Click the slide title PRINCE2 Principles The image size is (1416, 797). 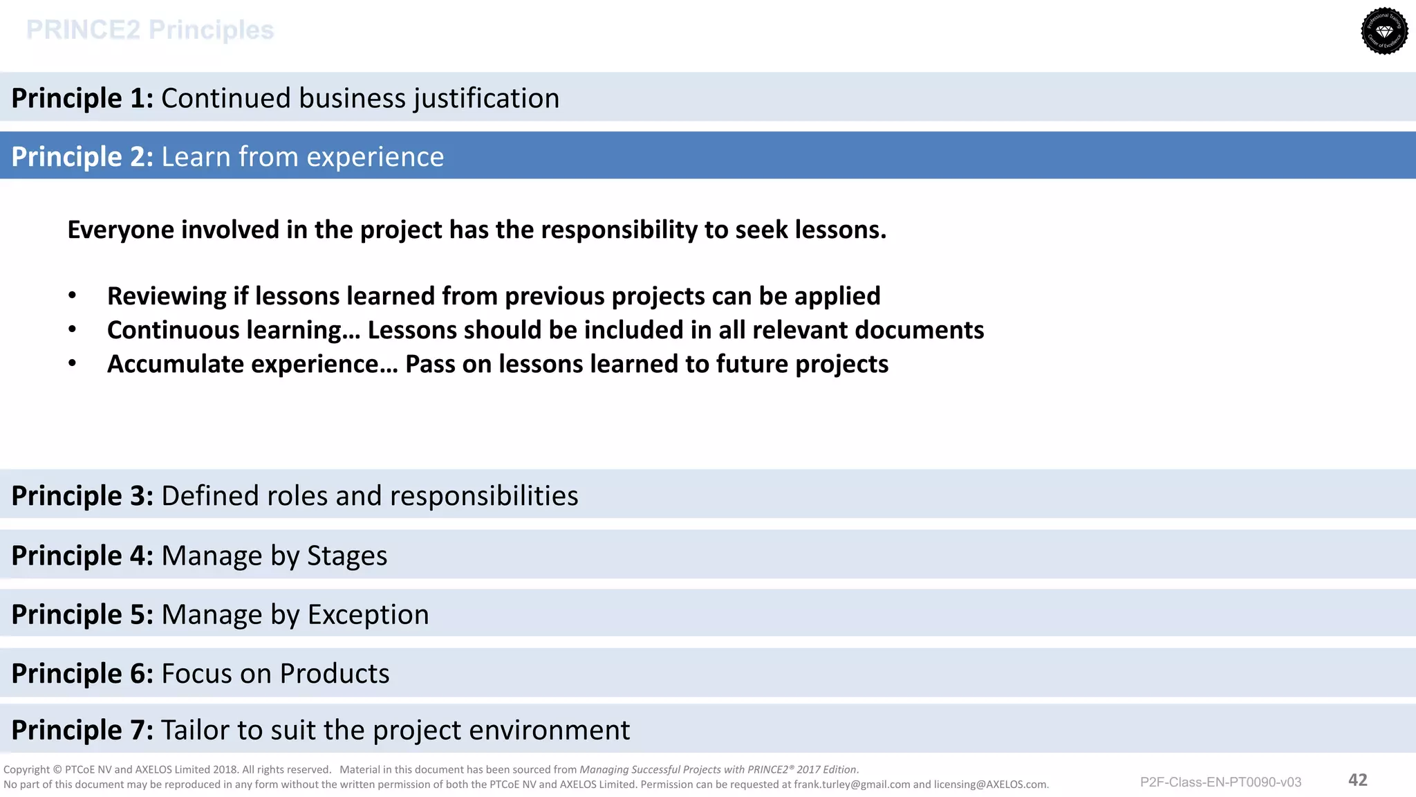click(x=150, y=30)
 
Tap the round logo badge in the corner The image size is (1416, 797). click(x=1384, y=31)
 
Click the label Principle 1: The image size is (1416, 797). click(x=82, y=98)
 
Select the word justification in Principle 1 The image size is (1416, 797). click(x=487, y=98)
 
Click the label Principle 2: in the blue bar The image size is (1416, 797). click(x=82, y=157)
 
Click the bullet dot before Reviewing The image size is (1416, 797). click(x=72, y=296)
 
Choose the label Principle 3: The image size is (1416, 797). click(x=82, y=496)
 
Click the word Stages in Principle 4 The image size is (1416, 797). click(x=346, y=556)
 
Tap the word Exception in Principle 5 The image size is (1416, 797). click(x=368, y=614)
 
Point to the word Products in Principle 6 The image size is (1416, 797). click(x=335, y=673)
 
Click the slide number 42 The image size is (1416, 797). click(x=1357, y=780)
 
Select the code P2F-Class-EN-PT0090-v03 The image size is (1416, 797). click(x=1220, y=782)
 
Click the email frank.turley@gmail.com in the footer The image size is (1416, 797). click(x=852, y=785)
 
